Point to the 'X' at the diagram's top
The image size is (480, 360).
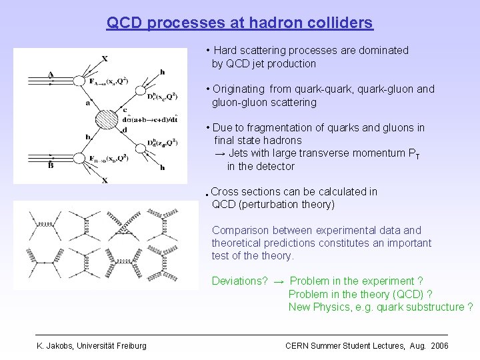pyautogui.click(x=105, y=59)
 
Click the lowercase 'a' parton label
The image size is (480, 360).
pyautogui.click(x=87, y=103)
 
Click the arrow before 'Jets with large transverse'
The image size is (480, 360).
pyautogui.click(x=219, y=153)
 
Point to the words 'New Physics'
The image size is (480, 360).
pyautogui.click(x=321, y=307)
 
